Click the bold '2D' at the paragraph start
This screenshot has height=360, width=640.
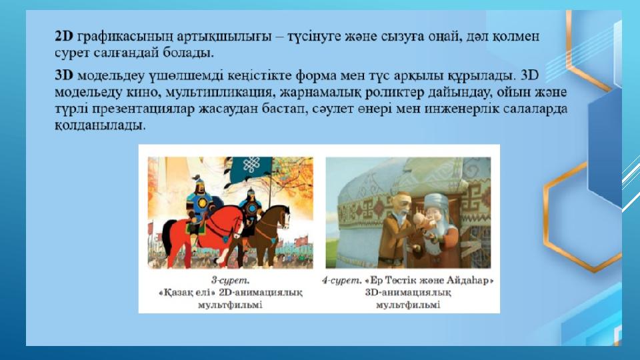pyautogui.click(x=64, y=36)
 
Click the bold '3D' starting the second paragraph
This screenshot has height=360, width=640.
pyautogui.click(x=64, y=75)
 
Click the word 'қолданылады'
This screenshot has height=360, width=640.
pyautogui.click(x=99, y=126)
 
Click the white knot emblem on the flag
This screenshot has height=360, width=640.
pyautogui.click(x=251, y=164)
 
